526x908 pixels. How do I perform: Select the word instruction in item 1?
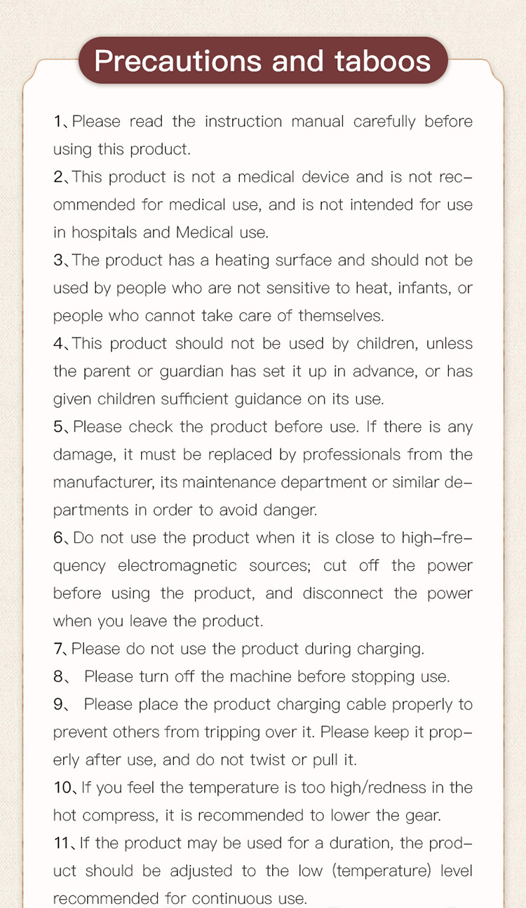click(x=244, y=121)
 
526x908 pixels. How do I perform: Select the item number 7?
click(x=59, y=649)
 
